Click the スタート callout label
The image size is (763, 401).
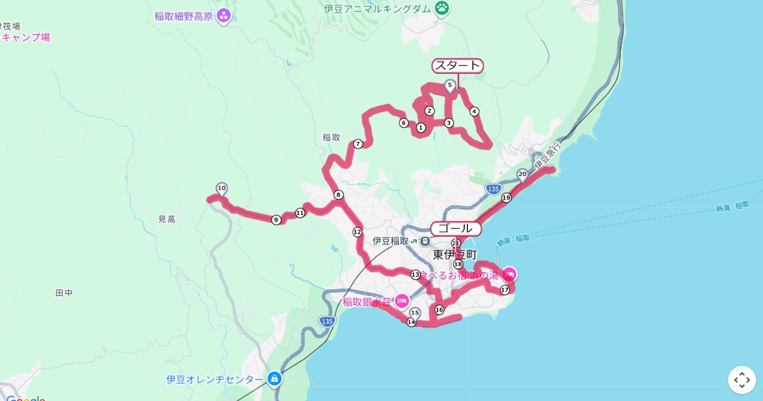457,66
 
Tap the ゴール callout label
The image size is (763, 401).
455,229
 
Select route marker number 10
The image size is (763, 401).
221,188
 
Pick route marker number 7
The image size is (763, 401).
358,144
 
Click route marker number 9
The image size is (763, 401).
276,220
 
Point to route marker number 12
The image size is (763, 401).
357,232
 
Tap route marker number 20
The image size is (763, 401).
522,174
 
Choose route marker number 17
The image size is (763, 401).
505,290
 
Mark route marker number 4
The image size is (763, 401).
474,111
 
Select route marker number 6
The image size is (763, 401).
403,123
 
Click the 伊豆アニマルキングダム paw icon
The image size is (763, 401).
442,8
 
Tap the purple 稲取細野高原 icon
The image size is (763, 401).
223,15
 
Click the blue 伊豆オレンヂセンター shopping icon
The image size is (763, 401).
274,379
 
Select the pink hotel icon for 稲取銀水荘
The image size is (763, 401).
401,301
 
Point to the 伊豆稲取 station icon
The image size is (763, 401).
416,241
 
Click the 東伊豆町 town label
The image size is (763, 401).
455,255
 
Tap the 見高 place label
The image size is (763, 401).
167,219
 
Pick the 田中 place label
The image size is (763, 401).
64,293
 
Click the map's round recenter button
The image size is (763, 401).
741,380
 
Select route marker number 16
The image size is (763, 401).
439,310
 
